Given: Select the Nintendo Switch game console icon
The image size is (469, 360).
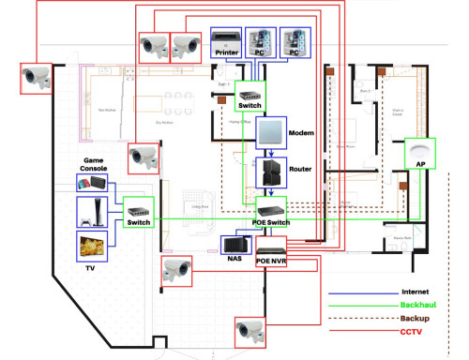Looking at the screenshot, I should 93,181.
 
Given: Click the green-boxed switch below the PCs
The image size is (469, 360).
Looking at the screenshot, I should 251,92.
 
